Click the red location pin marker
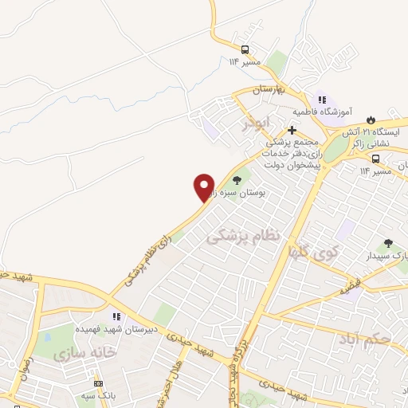(x=204, y=187)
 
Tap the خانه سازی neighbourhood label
(x=85, y=351)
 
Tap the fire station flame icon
(x=368, y=120)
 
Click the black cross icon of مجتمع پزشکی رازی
(x=292, y=130)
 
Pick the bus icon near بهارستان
(x=244, y=48)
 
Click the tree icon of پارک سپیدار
(x=388, y=243)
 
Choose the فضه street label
(x=347, y=289)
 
